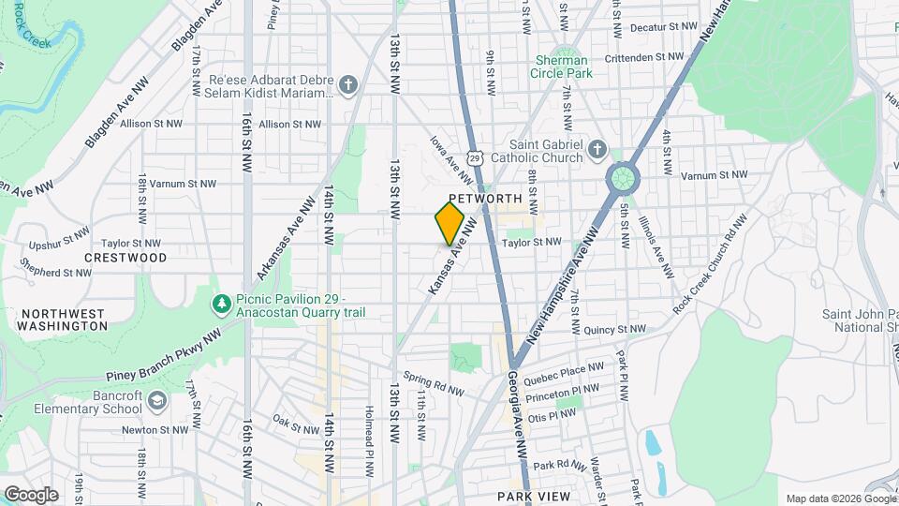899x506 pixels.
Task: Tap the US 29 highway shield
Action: tap(476, 160)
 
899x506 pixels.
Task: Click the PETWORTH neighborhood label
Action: tap(484, 199)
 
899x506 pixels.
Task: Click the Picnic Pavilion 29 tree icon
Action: tap(221, 304)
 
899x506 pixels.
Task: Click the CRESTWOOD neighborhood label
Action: tap(125, 258)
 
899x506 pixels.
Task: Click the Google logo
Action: tap(30, 495)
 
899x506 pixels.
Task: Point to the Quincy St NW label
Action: tap(614, 330)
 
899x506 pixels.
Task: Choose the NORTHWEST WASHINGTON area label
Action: tap(64, 320)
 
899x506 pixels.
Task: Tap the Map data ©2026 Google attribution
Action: tap(839, 499)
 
